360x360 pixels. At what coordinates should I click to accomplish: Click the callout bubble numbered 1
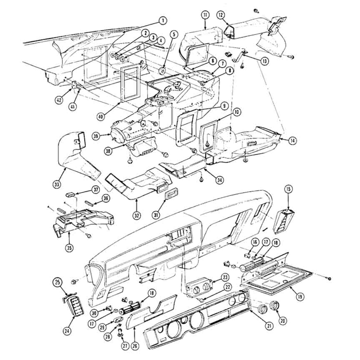coord(162,21)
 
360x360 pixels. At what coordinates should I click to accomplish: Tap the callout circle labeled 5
coord(174,35)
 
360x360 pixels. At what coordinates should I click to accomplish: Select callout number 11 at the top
coord(205,15)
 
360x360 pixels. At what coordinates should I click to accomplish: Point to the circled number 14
coord(292,140)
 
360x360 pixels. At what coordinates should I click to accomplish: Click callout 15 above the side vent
coord(289,189)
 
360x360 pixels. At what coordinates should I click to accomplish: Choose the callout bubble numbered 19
coord(300,297)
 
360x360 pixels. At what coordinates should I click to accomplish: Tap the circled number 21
coord(269,325)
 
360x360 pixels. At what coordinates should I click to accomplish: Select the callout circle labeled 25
coord(57,282)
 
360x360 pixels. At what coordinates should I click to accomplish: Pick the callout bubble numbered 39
coord(96,136)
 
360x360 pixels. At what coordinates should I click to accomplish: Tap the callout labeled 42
coord(59,100)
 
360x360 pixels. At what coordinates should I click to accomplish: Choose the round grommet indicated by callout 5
coord(162,71)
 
